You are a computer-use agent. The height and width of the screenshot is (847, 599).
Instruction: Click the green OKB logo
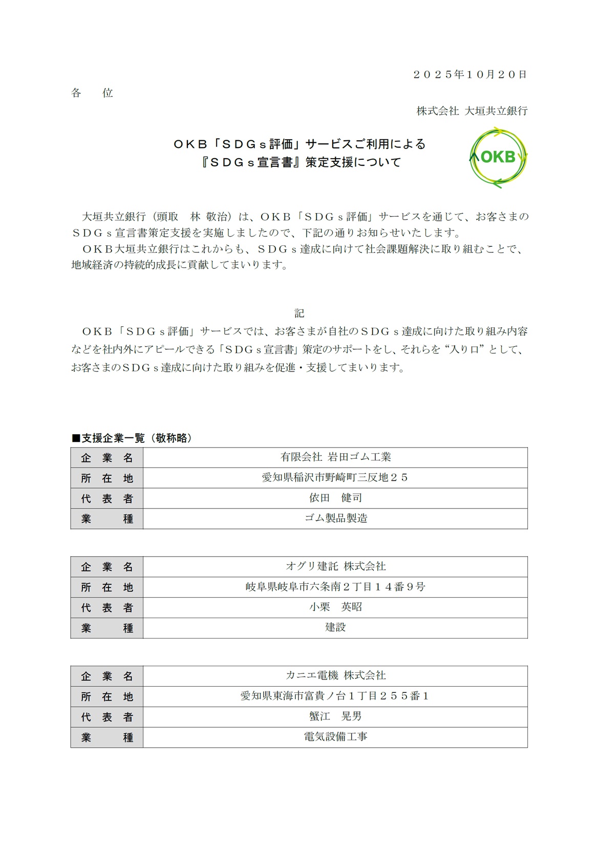pos(498,157)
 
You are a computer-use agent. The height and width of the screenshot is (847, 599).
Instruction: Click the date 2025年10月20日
pos(469,75)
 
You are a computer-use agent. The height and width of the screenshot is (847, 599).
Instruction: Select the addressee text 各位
pos(92,93)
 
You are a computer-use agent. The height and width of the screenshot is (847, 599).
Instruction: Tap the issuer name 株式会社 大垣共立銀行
pos(472,111)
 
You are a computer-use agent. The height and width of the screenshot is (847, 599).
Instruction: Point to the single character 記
pos(299,313)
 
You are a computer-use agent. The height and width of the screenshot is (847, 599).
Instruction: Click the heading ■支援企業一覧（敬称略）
pos(132,438)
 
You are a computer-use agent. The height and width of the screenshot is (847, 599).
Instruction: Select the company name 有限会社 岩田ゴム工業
pos(335,457)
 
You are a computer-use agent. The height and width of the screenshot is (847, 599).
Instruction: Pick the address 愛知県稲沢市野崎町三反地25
pos(335,478)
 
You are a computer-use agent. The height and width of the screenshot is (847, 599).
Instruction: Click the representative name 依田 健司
pos(335,498)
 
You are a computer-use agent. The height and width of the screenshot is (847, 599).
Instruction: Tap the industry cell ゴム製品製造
pos(335,518)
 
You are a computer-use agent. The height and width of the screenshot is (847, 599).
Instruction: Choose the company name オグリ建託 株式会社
pos(335,566)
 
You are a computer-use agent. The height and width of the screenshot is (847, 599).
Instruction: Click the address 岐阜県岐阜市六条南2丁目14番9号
pos(335,587)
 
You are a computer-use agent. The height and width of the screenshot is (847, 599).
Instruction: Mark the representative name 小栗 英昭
pos(335,607)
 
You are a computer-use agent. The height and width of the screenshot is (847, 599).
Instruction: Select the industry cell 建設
pos(335,627)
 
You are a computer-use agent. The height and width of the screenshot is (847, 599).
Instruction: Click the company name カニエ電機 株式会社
pos(335,676)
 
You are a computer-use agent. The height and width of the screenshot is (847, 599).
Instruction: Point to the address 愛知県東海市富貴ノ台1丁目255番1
pos(335,696)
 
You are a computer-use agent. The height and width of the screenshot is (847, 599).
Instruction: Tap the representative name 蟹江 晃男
pos(335,716)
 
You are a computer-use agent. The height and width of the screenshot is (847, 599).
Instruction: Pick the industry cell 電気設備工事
pos(335,737)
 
